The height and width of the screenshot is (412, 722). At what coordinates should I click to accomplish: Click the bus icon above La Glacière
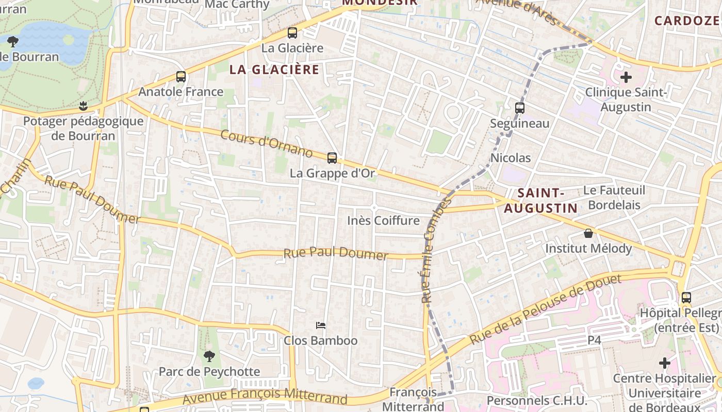tap(292, 33)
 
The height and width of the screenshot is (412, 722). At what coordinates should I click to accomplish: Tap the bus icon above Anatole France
tap(181, 77)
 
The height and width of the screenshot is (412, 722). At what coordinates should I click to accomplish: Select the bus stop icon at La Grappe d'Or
tap(332, 158)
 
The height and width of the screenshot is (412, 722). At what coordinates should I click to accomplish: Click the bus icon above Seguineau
tap(520, 108)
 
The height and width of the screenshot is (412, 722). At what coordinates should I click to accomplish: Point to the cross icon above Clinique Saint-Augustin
tap(626, 78)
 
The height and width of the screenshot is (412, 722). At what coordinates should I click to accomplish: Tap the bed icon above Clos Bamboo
tap(321, 325)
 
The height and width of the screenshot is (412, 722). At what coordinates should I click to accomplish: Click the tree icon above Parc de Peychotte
tap(209, 356)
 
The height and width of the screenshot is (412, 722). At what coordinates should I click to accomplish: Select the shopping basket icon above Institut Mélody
tap(588, 233)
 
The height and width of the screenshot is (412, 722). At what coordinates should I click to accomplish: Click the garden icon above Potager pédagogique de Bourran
tap(83, 107)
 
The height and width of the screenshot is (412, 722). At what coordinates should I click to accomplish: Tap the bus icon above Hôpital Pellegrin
tap(686, 298)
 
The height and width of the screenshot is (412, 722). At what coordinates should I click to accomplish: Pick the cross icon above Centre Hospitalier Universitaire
tap(665, 363)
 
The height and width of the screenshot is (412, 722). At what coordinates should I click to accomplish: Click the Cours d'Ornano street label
tap(267, 144)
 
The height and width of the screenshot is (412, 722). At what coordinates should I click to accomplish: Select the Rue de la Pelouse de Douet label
tap(546, 310)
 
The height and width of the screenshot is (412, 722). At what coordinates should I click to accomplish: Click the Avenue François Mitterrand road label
tap(265, 397)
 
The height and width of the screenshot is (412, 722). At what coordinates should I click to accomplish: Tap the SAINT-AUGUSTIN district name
tap(540, 200)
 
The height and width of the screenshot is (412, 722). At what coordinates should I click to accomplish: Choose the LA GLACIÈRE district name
tap(274, 70)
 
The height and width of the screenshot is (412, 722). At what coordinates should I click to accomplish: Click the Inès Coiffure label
tap(383, 220)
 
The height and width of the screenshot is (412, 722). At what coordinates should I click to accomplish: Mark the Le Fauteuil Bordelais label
tap(614, 197)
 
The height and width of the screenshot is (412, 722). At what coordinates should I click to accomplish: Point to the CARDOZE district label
tap(687, 21)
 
